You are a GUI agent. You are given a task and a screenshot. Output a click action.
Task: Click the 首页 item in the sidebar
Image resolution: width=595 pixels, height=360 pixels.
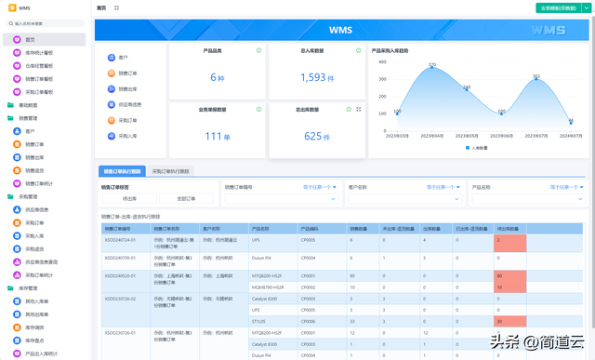[x=30, y=40]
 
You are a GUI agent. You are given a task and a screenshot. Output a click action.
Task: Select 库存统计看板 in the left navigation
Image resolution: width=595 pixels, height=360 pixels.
[x=38, y=53]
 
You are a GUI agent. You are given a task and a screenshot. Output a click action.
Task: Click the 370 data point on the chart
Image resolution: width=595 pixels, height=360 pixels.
[x=431, y=66]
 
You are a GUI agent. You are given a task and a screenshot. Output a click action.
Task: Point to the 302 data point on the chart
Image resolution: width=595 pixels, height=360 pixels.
[x=536, y=78]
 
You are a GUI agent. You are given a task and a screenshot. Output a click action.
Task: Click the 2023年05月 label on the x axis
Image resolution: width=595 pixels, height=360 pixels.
[x=468, y=136]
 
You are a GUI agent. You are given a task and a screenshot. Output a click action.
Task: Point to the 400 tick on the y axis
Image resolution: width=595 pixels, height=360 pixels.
[x=381, y=62]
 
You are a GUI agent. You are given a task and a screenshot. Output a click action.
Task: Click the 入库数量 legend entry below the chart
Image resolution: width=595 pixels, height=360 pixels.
[x=477, y=148]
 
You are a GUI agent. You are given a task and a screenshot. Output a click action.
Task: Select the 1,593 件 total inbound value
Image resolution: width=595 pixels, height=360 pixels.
[x=316, y=78]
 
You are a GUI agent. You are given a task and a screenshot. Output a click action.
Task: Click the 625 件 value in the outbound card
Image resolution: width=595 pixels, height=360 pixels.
[x=316, y=136]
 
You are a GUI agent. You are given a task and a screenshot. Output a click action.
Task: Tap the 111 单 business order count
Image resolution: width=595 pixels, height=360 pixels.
[x=217, y=136]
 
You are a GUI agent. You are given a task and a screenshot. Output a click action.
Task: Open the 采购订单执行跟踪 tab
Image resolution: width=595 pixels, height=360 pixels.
[x=170, y=172]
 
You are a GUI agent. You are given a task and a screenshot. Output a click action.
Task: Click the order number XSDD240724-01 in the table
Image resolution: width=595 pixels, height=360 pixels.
[x=120, y=240]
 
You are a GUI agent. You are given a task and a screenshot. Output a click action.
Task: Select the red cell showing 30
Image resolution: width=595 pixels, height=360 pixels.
[x=510, y=321]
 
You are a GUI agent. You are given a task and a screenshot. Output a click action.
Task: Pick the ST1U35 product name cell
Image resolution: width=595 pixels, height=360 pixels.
[x=259, y=321]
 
